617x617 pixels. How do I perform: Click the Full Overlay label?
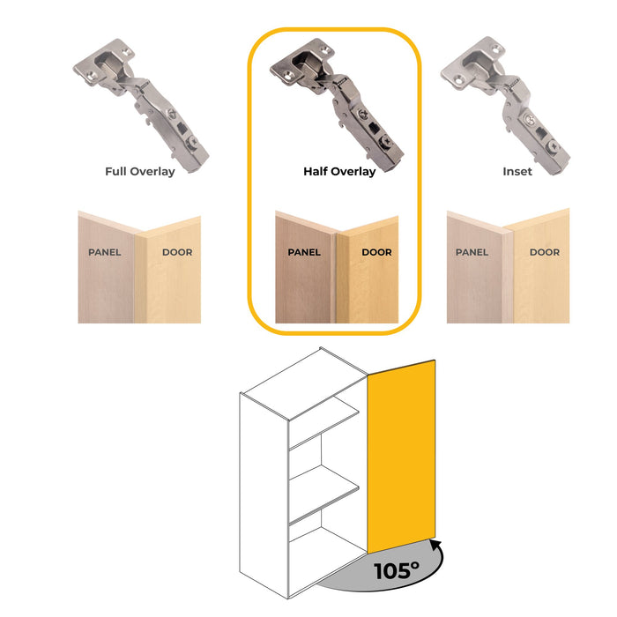(139, 171)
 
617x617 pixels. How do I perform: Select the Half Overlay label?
(338, 171)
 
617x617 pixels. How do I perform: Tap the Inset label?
(517, 171)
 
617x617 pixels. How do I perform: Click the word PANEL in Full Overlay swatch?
(105, 253)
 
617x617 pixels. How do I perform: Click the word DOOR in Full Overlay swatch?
(177, 253)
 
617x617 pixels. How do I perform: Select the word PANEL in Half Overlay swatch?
(304, 253)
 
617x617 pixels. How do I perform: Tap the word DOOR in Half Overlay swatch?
(376, 253)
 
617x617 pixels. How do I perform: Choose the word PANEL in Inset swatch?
(472, 253)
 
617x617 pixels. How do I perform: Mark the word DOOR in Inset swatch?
(545, 253)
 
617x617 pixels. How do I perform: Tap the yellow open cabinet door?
(401, 454)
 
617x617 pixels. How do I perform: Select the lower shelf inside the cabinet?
(324, 498)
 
